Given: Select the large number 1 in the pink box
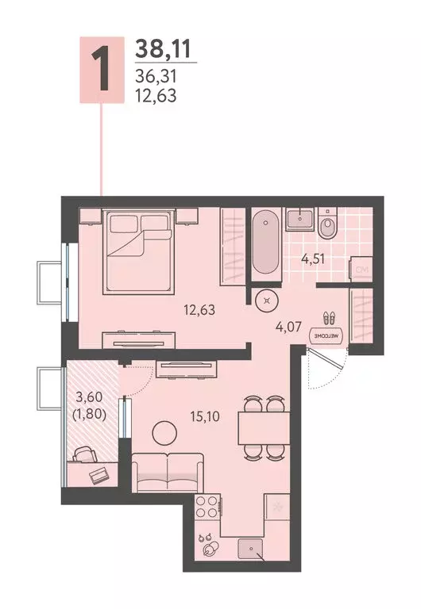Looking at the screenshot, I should pos(101,70).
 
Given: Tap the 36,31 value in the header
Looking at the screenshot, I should pos(156,78).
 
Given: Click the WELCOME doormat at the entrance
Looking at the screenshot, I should pos(330,335).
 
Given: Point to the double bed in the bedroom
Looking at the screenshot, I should pos(140,249).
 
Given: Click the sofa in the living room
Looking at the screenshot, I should pos(168,474).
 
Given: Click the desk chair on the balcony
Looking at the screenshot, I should pos(83,454).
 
